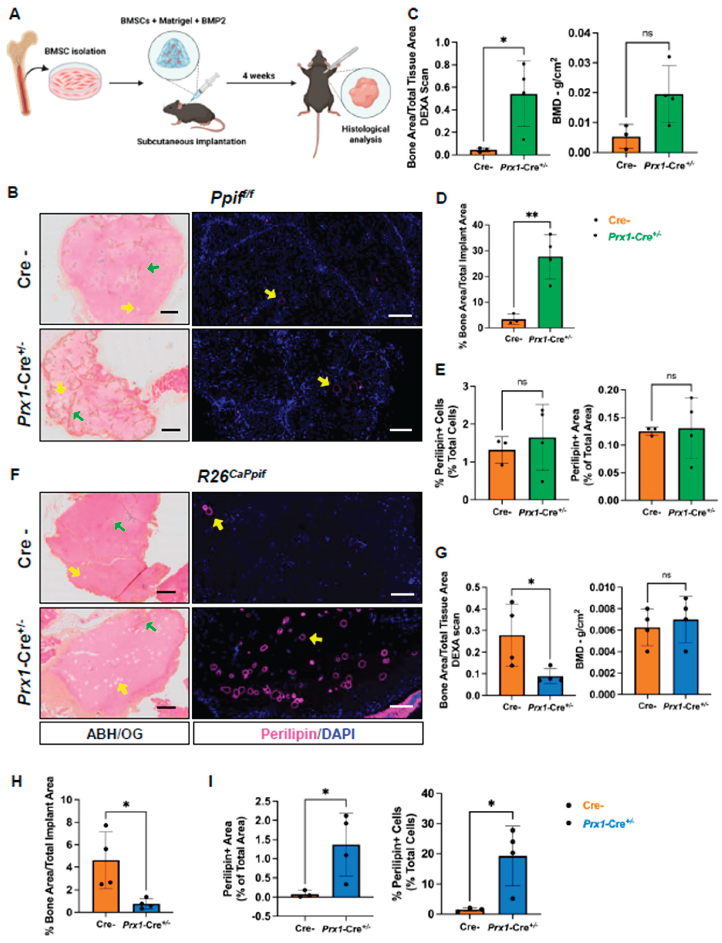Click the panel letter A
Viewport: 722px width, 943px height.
tap(14, 14)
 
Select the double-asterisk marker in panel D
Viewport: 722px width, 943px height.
tap(532, 215)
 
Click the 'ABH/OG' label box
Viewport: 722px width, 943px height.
tap(114, 733)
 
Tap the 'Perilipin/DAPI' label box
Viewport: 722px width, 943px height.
tap(308, 733)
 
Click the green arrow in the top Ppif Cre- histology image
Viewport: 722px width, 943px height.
tap(153, 268)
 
